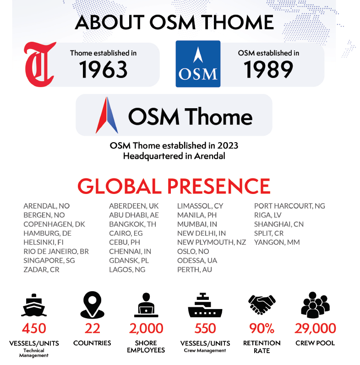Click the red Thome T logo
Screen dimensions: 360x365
point(40,65)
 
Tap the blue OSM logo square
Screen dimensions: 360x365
point(198,64)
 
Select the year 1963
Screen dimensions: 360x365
point(103,69)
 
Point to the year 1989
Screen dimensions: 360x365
point(268,69)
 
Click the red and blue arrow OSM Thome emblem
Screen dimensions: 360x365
point(107,115)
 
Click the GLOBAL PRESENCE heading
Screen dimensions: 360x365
point(174,186)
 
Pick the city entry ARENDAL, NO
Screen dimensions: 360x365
point(47,206)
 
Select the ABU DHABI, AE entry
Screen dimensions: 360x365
point(134,215)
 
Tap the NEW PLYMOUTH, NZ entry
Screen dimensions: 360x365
point(212,242)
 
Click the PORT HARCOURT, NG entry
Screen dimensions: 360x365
point(289,206)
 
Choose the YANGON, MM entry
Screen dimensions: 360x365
point(277,242)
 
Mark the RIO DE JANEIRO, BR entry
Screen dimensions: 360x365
point(56,251)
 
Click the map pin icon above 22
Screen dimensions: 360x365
point(92,305)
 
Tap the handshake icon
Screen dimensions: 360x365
point(262,304)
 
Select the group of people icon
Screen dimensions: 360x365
point(315,305)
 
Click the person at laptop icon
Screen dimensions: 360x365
point(146,305)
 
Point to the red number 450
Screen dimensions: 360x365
point(34,328)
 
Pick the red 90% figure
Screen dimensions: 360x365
point(262,328)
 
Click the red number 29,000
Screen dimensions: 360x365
point(315,328)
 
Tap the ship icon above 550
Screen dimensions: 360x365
point(205,305)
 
